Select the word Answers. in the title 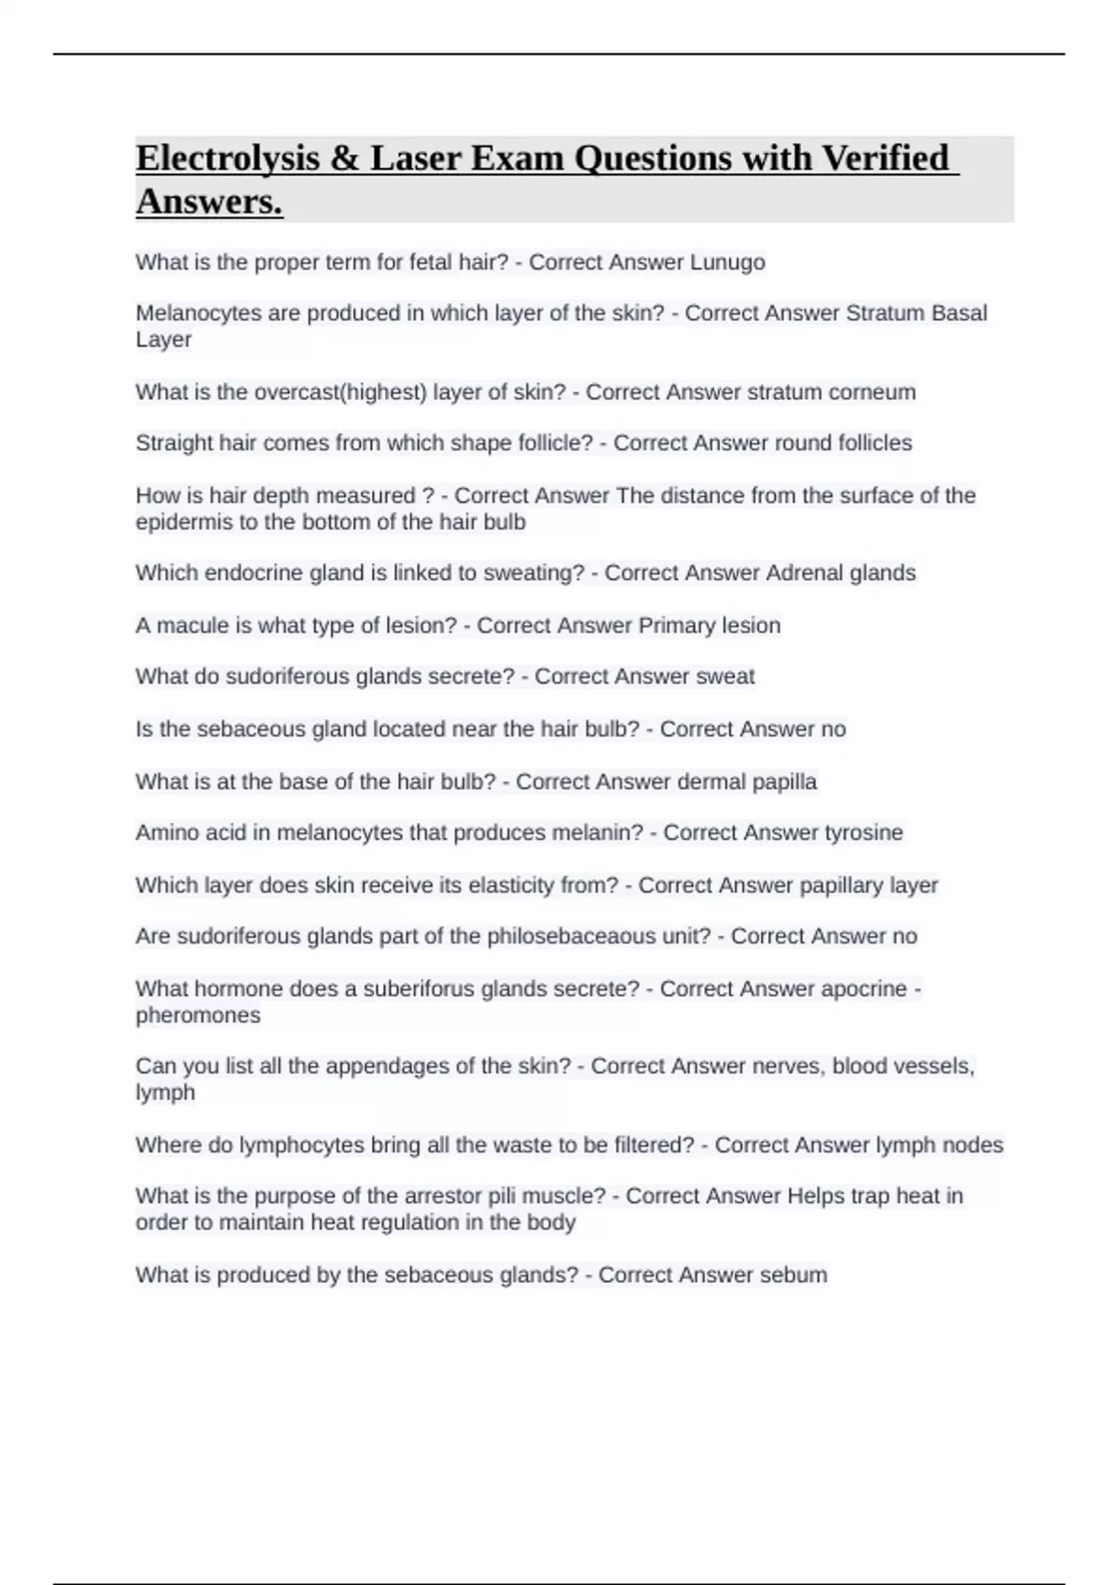point(209,201)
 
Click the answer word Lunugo point(727,263)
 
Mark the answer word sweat point(725,677)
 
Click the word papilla point(783,781)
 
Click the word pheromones point(198,1015)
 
